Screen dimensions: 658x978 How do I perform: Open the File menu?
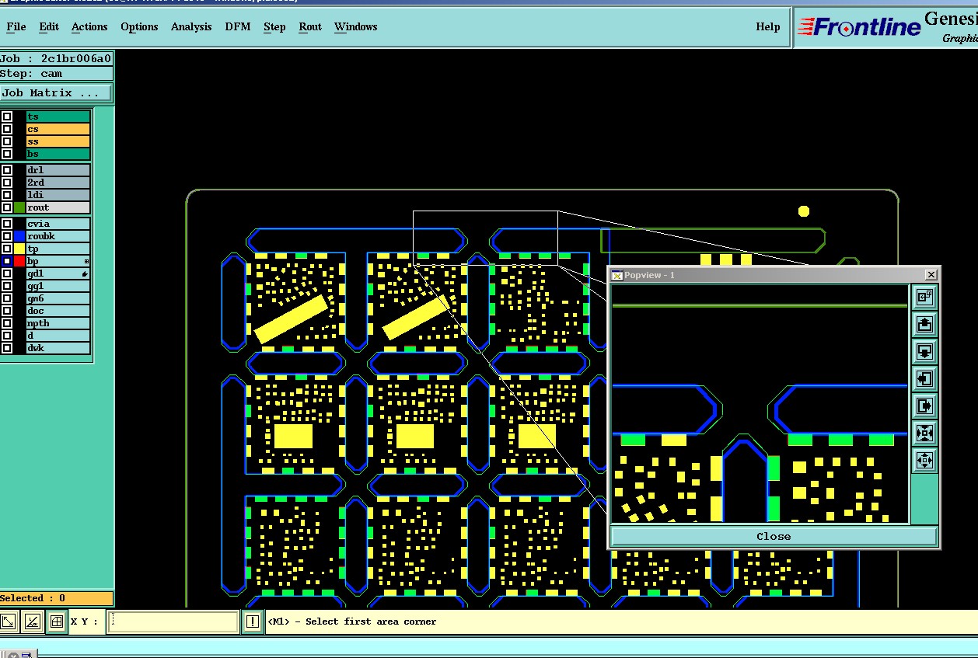coord(16,26)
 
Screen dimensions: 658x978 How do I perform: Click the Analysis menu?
coord(191,26)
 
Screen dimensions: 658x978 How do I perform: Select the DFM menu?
coord(238,26)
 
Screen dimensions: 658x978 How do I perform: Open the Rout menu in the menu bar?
coord(310,26)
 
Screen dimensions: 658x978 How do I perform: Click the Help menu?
coord(767,26)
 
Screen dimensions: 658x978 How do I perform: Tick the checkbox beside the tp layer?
coord(7,249)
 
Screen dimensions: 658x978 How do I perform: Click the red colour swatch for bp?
coord(19,261)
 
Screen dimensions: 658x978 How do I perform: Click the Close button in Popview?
coord(774,536)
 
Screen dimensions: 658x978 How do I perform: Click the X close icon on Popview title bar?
coord(931,275)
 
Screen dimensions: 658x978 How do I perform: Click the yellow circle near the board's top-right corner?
coord(804,211)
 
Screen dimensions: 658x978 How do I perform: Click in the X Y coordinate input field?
coord(173,621)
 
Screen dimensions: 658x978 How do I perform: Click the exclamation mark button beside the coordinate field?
coord(253,621)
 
